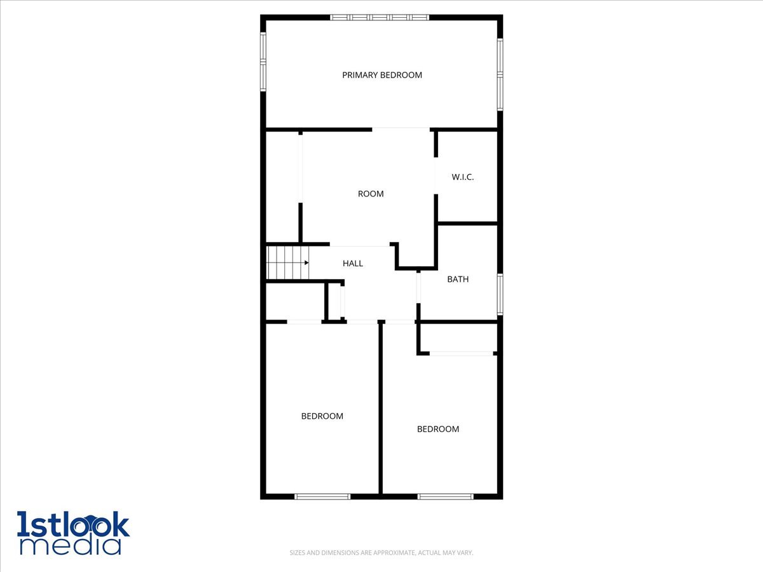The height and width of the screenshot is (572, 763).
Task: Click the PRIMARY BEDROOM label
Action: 381,75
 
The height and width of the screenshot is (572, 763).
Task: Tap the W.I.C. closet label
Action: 463,177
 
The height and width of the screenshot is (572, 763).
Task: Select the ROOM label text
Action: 371,194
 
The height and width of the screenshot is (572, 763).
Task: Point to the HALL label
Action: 353,263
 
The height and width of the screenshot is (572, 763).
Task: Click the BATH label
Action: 458,279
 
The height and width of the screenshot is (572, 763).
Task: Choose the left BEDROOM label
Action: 322,416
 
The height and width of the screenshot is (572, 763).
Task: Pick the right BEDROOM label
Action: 437,429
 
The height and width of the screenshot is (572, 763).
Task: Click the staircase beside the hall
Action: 286,262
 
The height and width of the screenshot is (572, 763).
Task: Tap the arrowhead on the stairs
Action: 306,262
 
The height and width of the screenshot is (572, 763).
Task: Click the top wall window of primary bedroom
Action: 380,17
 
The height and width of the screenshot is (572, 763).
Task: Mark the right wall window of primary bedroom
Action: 500,74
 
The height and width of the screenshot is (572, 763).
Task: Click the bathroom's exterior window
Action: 500,294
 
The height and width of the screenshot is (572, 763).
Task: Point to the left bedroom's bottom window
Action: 322,496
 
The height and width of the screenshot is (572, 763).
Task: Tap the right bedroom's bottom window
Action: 445,496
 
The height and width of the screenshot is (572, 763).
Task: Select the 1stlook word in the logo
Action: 73,524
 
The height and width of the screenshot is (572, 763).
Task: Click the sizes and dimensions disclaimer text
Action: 381,553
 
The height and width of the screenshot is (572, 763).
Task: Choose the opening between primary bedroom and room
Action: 401,129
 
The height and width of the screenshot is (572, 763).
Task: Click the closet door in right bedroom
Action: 462,353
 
